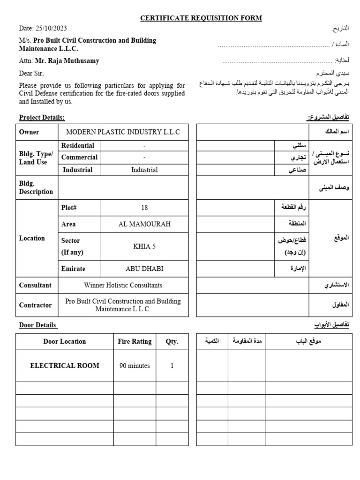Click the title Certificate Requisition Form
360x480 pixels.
tap(201, 18)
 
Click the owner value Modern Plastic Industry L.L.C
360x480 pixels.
tap(123, 132)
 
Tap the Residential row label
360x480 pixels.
tap(77, 146)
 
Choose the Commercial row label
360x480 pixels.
tap(79, 157)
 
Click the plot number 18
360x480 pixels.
tap(144, 208)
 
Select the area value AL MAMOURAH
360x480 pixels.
tap(144, 224)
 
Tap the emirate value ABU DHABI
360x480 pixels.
tap(144, 269)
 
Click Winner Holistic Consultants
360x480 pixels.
tap(123, 285)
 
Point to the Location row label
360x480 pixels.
tap(32, 238)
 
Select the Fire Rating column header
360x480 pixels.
tap(135, 341)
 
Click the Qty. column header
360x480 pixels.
tap(172, 341)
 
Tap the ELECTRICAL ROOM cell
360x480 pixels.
tap(65, 366)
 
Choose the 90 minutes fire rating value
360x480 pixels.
tap(135, 366)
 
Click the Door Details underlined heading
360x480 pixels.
tap(37, 325)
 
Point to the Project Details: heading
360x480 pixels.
tap(42, 117)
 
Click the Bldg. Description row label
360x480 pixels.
tap(36, 187)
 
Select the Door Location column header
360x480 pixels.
tap(65, 341)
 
